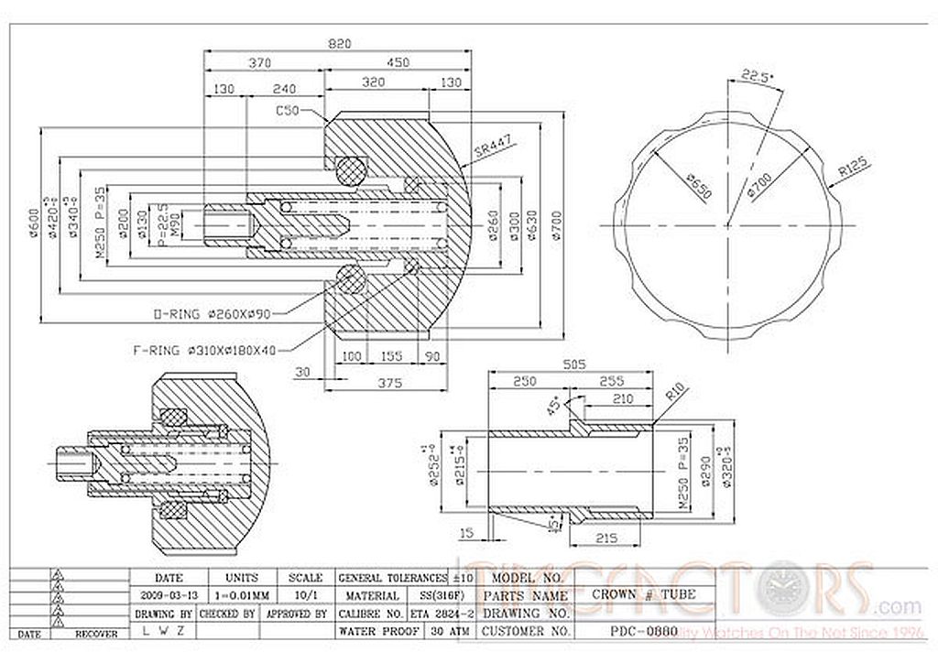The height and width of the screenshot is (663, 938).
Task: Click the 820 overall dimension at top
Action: pos(341,43)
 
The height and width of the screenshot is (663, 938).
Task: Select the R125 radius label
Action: pos(854,167)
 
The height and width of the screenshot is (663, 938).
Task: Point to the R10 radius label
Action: pos(675,397)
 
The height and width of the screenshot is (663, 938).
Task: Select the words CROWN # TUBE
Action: pos(644,595)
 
